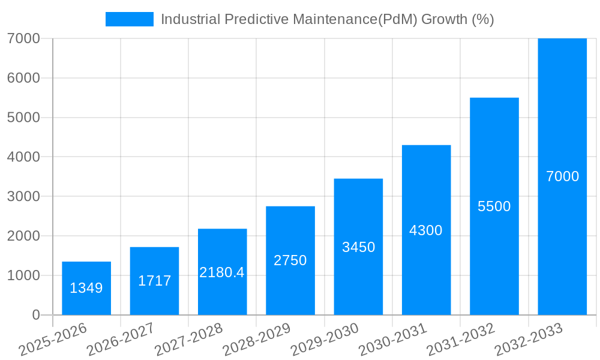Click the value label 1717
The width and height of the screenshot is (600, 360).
[154, 281]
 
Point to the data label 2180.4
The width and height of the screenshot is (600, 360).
[222, 272]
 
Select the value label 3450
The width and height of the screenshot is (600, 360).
[358, 247]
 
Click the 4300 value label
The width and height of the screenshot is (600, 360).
[426, 230]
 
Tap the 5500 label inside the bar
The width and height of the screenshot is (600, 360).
[494, 206]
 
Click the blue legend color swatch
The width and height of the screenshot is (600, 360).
[129, 19]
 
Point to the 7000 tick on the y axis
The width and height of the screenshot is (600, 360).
[23, 38]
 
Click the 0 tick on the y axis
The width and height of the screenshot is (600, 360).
[35, 315]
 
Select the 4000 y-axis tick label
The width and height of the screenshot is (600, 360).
[23, 157]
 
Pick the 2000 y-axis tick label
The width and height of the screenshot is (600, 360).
[23, 236]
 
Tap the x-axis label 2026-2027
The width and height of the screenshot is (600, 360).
[121, 340]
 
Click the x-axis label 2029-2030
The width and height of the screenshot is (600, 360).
[325, 340]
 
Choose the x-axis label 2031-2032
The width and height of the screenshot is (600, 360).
[461, 340]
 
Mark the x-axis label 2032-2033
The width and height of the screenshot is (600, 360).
[529, 340]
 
